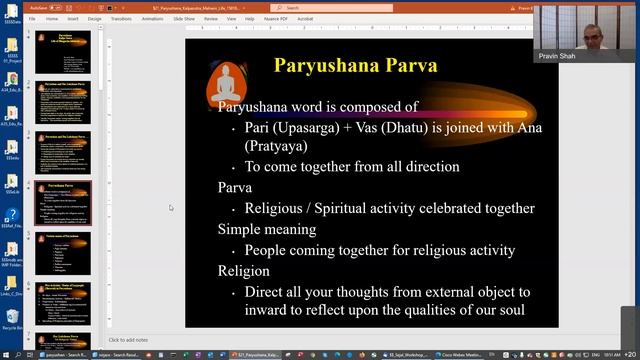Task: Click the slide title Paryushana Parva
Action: coord(355,67)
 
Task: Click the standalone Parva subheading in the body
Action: coord(235,187)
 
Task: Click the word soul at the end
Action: coord(510,310)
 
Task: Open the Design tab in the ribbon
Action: coord(94,18)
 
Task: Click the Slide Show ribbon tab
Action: coord(184,18)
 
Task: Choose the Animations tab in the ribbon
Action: coord(153,18)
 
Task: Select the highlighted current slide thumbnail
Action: coord(63,202)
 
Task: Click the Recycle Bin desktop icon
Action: coord(11,318)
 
